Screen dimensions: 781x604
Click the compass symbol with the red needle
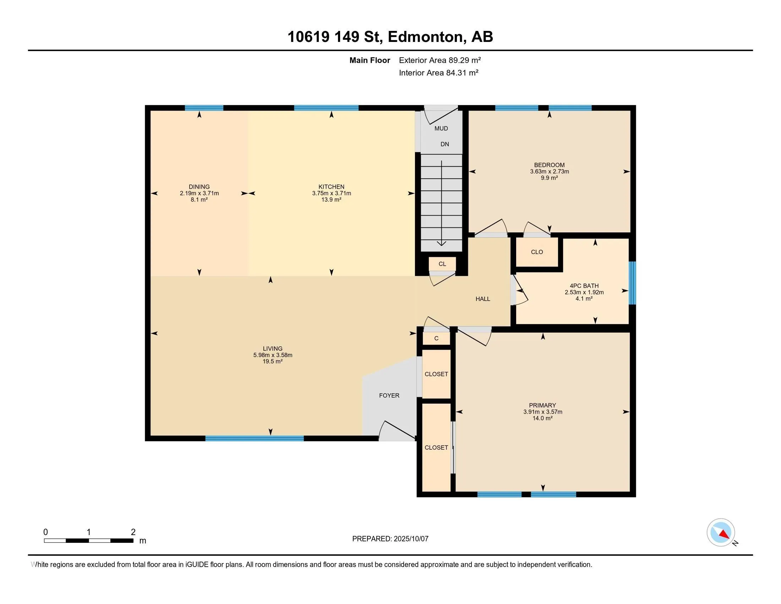[x=721, y=532]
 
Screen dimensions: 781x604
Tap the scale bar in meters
[x=89, y=540]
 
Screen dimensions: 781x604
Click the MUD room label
[x=441, y=129]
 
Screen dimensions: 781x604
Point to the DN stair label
[x=444, y=144]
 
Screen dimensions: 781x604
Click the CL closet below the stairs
[x=442, y=264]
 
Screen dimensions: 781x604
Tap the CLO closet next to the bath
[x=537, y=252]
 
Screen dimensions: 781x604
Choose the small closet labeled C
[x=436, y=339]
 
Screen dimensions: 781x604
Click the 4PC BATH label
[x=584, y=286]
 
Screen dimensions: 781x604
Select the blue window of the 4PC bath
[x=632, y=283]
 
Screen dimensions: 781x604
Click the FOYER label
[x=389, y=395]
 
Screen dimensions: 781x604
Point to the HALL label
[x=483, y=299]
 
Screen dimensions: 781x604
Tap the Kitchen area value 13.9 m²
[x=331, y=200]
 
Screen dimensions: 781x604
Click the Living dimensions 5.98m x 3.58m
[x=273, y=355]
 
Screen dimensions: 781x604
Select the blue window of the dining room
[x=204, y=108]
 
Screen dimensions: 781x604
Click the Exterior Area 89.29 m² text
[x=440, y=60]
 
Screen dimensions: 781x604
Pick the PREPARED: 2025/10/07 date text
[x=390, y=539]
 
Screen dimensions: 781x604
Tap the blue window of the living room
[x=255, y=438]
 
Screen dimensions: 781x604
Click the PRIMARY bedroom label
[x=542, y=405]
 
